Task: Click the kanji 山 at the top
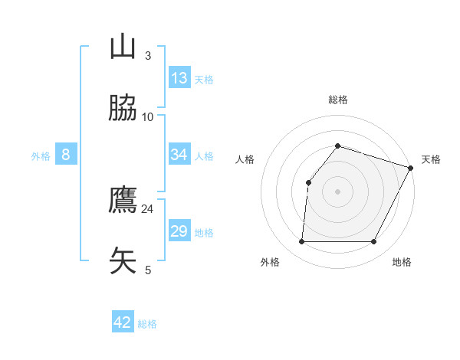(123, 47)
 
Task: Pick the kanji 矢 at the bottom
(123, 261)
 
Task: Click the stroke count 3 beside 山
(148, 55)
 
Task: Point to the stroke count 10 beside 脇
(148, 116)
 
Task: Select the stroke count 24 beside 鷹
(148, 208)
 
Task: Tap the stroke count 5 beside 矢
(148, 270)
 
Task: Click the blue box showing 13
(179, 78)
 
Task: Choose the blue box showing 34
(179, 155)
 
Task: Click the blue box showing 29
(179, 231)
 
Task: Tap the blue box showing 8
(66, 155)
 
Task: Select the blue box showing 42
(123, 322)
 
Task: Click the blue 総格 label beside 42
(147, 324)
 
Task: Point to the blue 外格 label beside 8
(41, 156)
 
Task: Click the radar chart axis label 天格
(431, 159)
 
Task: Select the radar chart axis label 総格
(338, 100)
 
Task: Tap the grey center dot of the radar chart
(337, 191)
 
